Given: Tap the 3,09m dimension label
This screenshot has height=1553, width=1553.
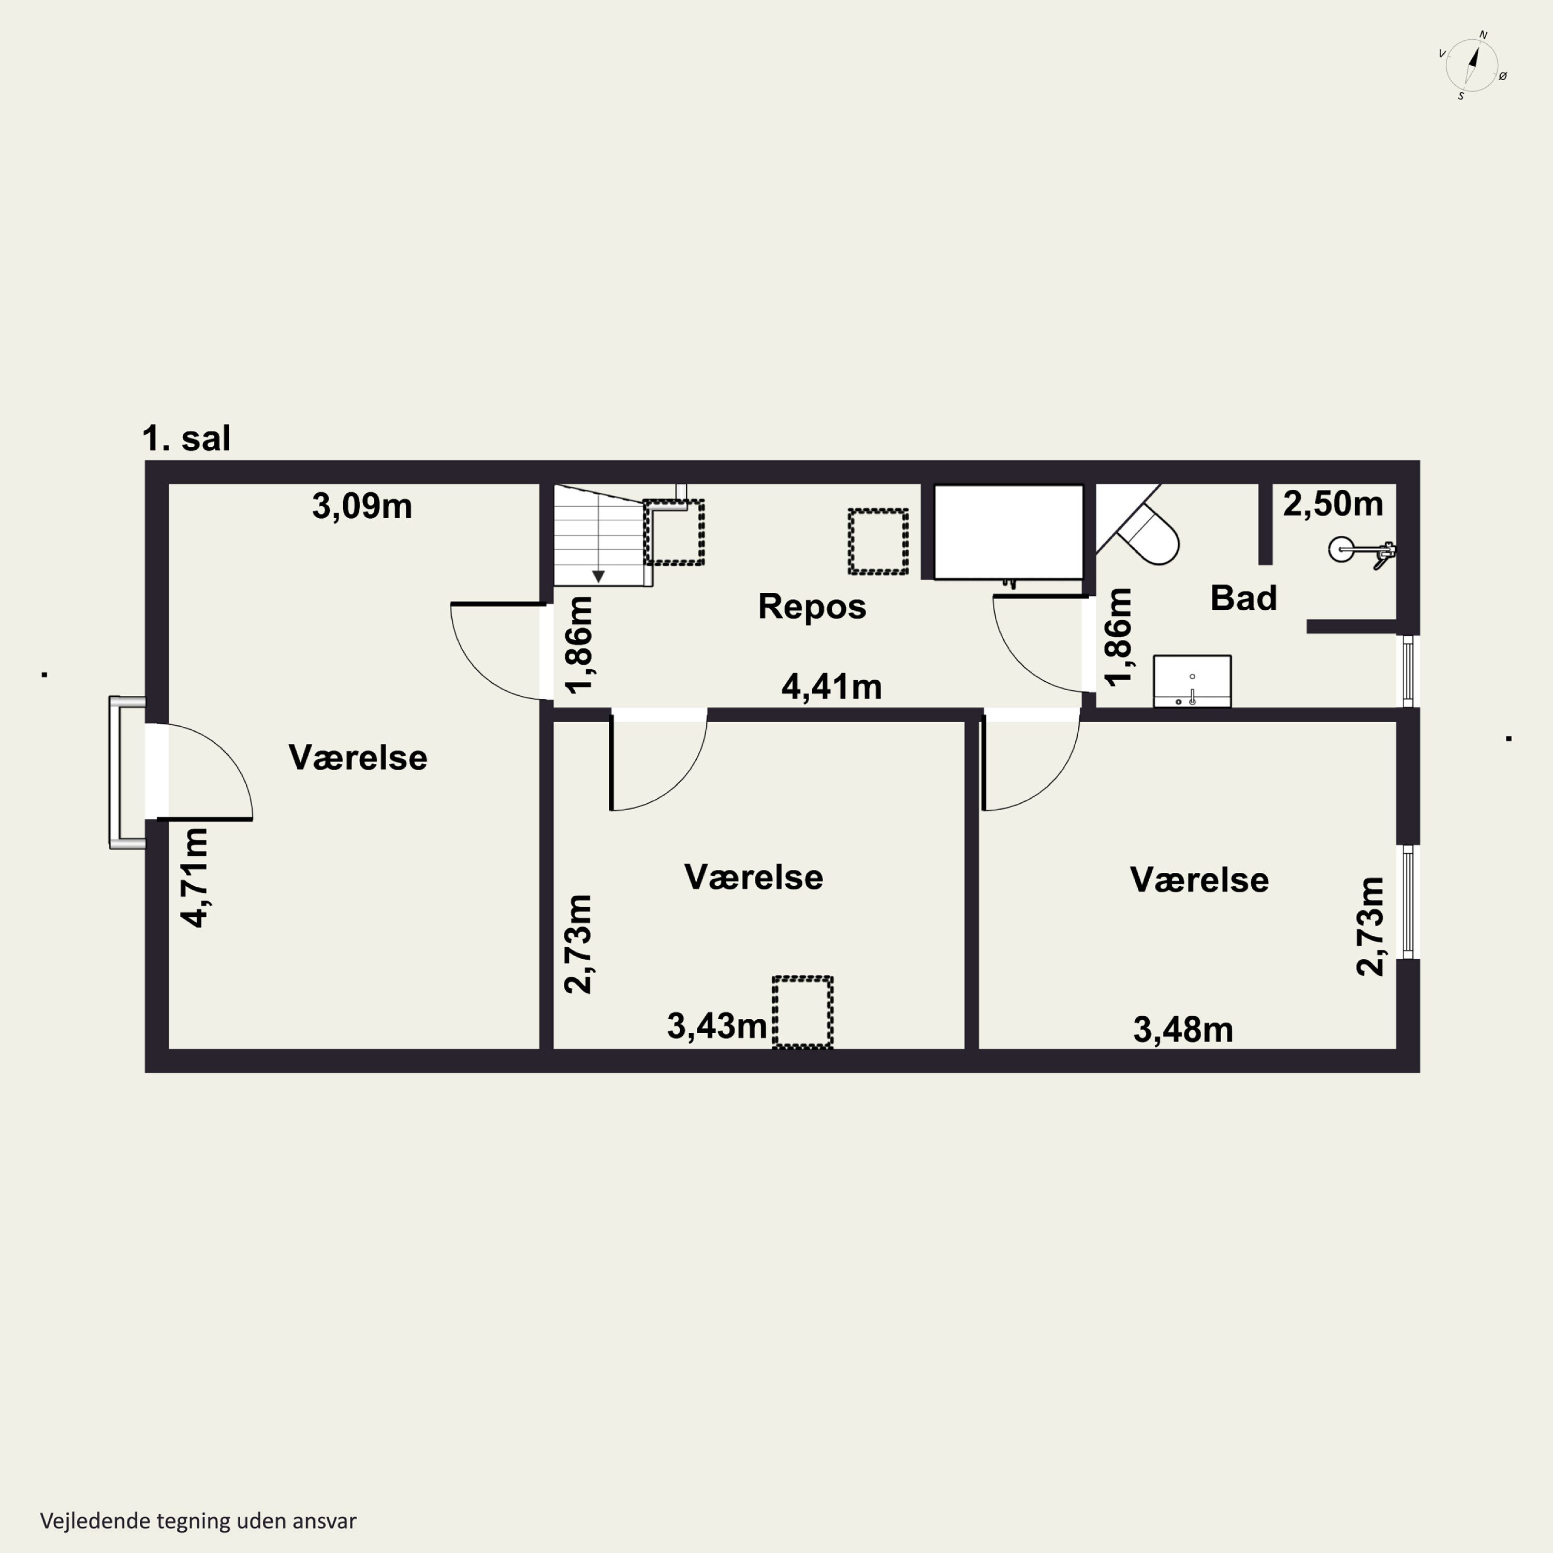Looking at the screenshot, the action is (x=362, y=506).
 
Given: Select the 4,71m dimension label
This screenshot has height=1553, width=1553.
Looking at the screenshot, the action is (x=195, y=878).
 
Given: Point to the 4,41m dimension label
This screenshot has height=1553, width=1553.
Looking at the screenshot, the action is (x=831, y=686).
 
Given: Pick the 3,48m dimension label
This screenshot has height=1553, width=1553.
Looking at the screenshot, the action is (x=1183, y=1029).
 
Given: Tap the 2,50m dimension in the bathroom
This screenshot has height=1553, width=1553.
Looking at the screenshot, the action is (x=1333, y=504).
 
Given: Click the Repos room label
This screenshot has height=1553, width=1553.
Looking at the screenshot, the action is (x=812, y=606).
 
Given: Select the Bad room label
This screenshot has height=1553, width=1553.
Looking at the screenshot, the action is (x=1243, y=598).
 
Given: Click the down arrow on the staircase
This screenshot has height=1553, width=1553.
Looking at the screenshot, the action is (x=598, y=576).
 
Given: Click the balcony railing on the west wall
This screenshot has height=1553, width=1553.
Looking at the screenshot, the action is (x=125, y=772).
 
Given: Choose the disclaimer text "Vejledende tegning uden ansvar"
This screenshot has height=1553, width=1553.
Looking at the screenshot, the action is (x=198, y=1521).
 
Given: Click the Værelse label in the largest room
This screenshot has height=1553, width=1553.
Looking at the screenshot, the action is (x=358, y=757).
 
